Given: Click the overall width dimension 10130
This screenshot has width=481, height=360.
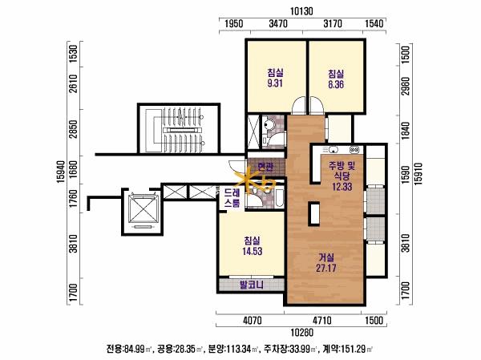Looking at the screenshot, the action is [302, 11].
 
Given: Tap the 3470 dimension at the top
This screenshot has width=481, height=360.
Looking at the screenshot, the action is [278, 23].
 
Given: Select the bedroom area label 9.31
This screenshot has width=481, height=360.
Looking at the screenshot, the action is [275, 83].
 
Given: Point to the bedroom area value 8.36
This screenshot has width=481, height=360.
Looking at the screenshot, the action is [336, 84].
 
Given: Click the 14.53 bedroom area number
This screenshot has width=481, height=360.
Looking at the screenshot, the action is [253, 251].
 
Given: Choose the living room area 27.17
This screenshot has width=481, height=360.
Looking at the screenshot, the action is [326, 268].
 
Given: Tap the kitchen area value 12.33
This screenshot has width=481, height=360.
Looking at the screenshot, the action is [342, 187].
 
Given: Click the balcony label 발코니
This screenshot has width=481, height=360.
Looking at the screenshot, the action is [252, 285].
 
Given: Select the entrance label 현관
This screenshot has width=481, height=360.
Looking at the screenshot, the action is [265, 168].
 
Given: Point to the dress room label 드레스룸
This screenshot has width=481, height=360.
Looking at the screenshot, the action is [232, 198].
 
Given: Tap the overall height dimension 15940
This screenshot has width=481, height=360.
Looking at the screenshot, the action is [61, 172].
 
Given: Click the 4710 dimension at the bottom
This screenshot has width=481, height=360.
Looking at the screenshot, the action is [321, 321].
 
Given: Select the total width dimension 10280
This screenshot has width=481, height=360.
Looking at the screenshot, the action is [302, 333].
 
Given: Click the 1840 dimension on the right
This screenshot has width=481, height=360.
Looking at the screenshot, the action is [406, 131].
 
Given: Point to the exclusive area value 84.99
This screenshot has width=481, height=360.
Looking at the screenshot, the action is [134, 349].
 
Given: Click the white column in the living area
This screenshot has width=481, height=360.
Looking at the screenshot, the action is [314, 214].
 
